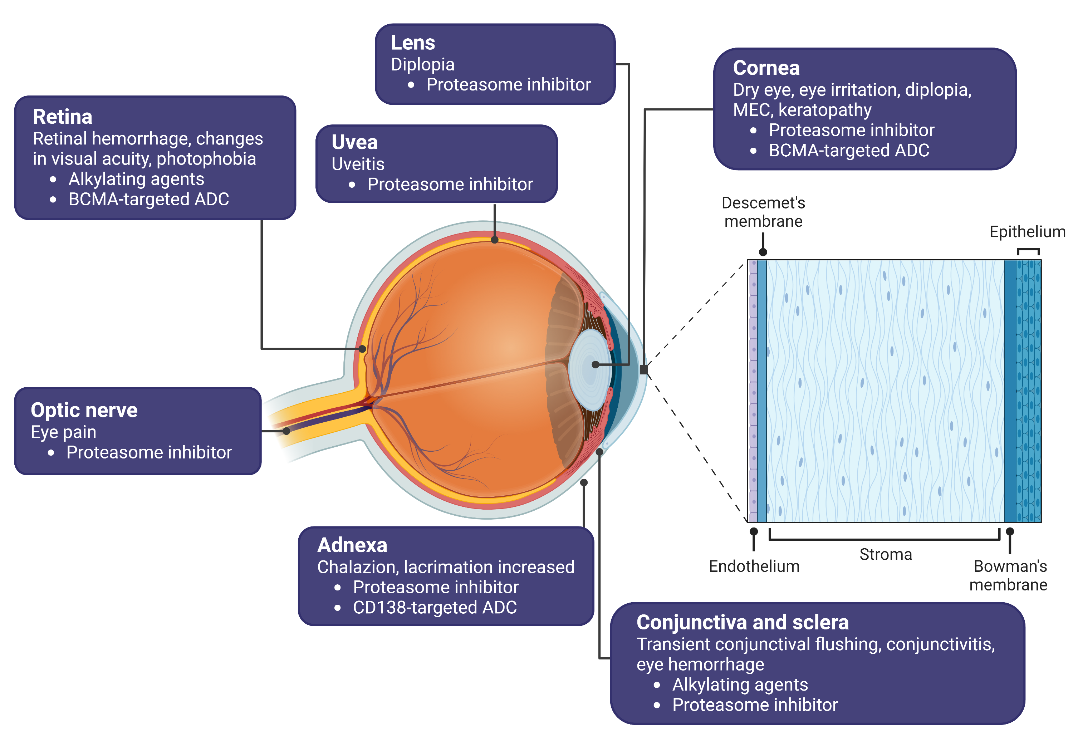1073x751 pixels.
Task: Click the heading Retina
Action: tap(63, 117)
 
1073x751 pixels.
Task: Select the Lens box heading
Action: tap(413, 43)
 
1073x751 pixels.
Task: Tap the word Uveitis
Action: tap(358, 164)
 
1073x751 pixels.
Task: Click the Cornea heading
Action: tap(766, 68)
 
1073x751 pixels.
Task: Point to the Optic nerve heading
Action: tap(84, 410)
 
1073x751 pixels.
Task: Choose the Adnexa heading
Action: tap(352, 545)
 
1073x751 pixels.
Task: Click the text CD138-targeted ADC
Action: tap(435, 608)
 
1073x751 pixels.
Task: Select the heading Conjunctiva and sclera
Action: tap(743, 623)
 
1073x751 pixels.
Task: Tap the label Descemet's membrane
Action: tap(763, 212)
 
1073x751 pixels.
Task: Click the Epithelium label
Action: tap(1027, 232)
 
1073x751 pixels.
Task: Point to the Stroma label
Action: tap(886, 555)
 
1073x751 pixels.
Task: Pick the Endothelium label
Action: tap(754, 566)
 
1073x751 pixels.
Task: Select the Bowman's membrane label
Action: tap(1009, 576)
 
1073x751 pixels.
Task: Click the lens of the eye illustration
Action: tap(590, 369)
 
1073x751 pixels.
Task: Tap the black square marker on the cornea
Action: tap(644, 370)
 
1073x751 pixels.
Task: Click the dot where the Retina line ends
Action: tap(362, 349)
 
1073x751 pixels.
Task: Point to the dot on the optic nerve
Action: tap(286, 431)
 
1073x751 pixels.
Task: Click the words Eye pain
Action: tap(64, 432)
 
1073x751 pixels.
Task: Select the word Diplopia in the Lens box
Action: tap(422, 64)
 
